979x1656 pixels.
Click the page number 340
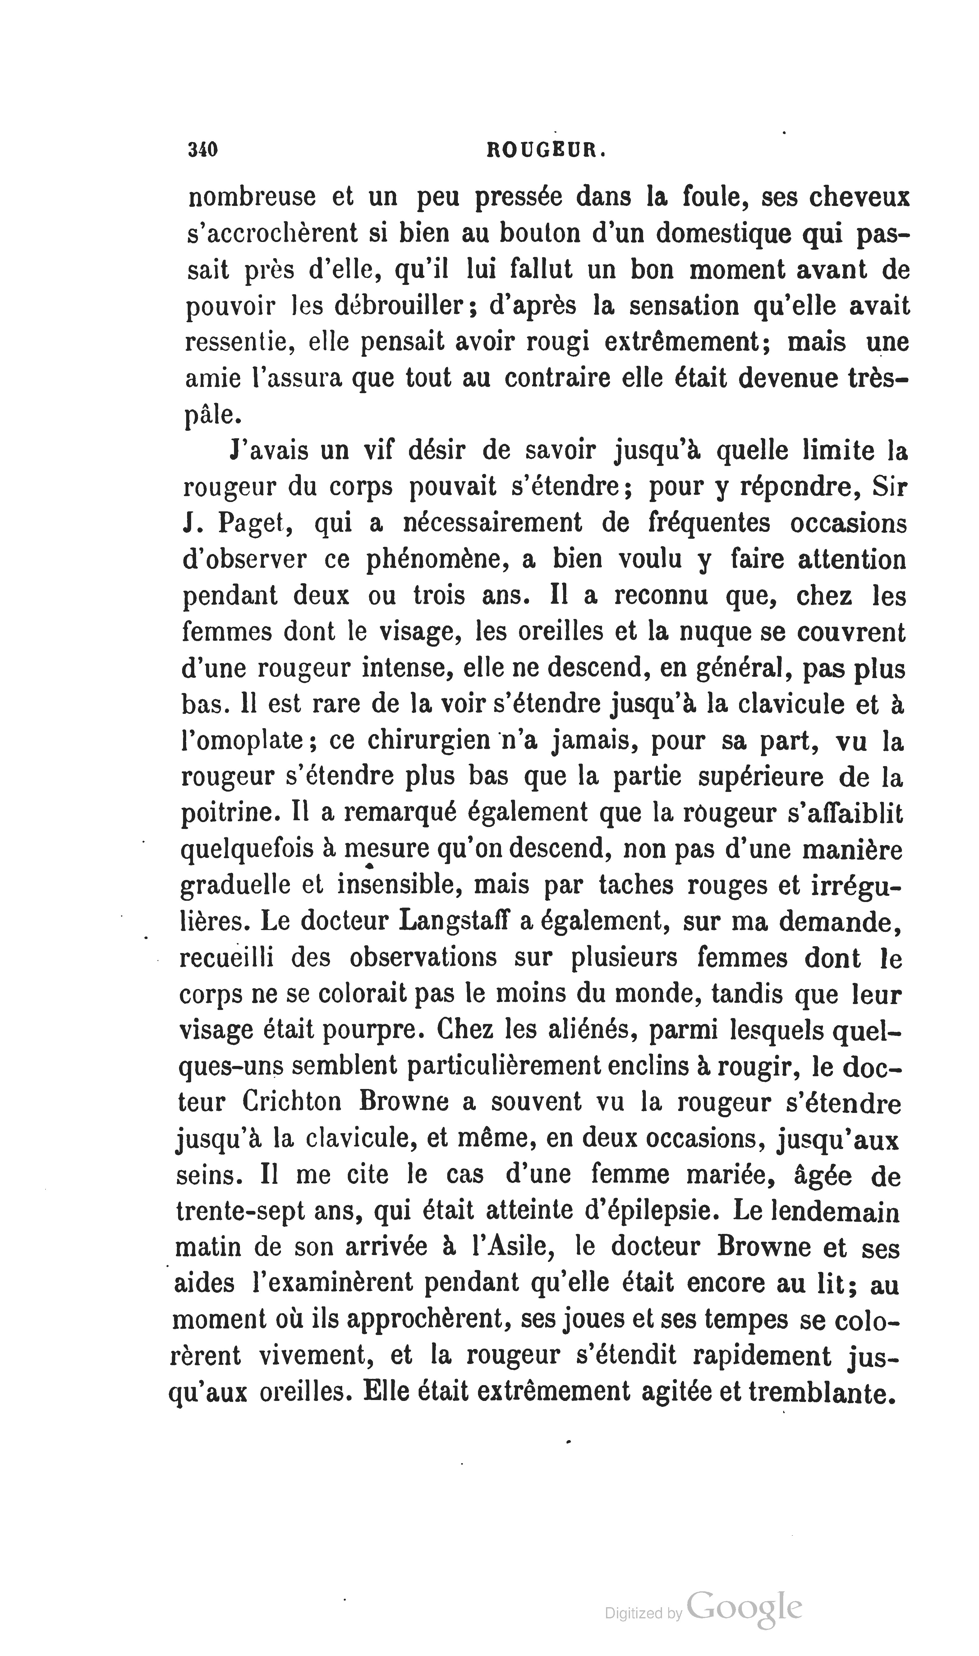point(203,150)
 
